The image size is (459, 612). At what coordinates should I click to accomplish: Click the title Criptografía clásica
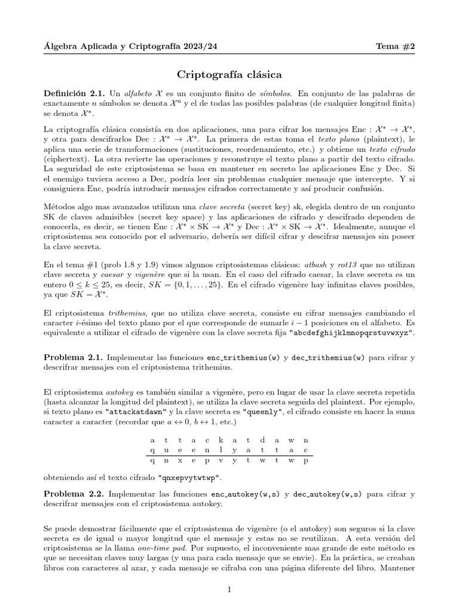click(229, 75)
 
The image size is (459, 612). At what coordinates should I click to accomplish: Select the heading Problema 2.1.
click(73, 357)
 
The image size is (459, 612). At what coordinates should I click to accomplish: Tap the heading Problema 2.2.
click(73, 495)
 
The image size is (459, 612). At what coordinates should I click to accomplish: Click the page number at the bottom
click(229, 590)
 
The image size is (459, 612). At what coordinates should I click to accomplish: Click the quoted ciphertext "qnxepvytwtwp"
click(189, 478)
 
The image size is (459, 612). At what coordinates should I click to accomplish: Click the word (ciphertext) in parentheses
click(66, 160)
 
